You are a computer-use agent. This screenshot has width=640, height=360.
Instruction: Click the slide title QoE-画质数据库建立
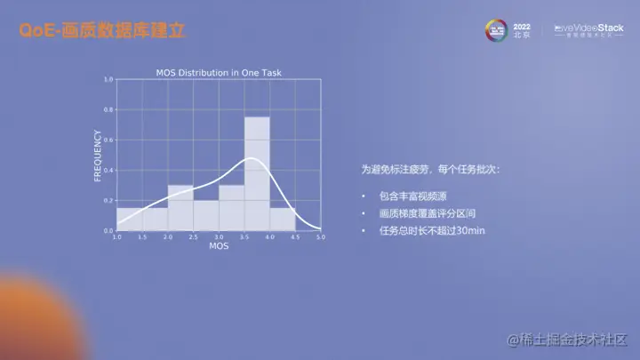[x=103, y=31]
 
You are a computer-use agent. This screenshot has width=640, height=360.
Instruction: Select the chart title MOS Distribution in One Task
[x=219, y=73]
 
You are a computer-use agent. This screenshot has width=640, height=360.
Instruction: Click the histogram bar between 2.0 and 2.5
[x=180, y=208]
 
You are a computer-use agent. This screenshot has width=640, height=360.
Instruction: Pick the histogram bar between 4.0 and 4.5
[x=283, y=220]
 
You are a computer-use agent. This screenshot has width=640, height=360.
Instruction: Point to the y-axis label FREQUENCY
[x=98, y=156]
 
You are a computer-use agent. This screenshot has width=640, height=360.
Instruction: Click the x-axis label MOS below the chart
[x=219, y=246]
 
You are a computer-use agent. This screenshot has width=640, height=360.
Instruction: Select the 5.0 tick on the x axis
[x=321, y=237]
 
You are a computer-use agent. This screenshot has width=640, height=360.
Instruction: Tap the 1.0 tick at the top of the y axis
[x=108, y=79]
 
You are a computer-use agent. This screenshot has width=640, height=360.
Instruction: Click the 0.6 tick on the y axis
[x=108, y=140]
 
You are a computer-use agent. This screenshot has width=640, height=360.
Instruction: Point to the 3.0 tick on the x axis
[x=219, y=237]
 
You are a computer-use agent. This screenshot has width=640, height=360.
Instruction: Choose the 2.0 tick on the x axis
[x=168, y=237]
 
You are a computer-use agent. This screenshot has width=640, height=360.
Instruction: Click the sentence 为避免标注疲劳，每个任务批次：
[x=430, y=169]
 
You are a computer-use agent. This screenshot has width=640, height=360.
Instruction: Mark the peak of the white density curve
[x=252, y=158]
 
